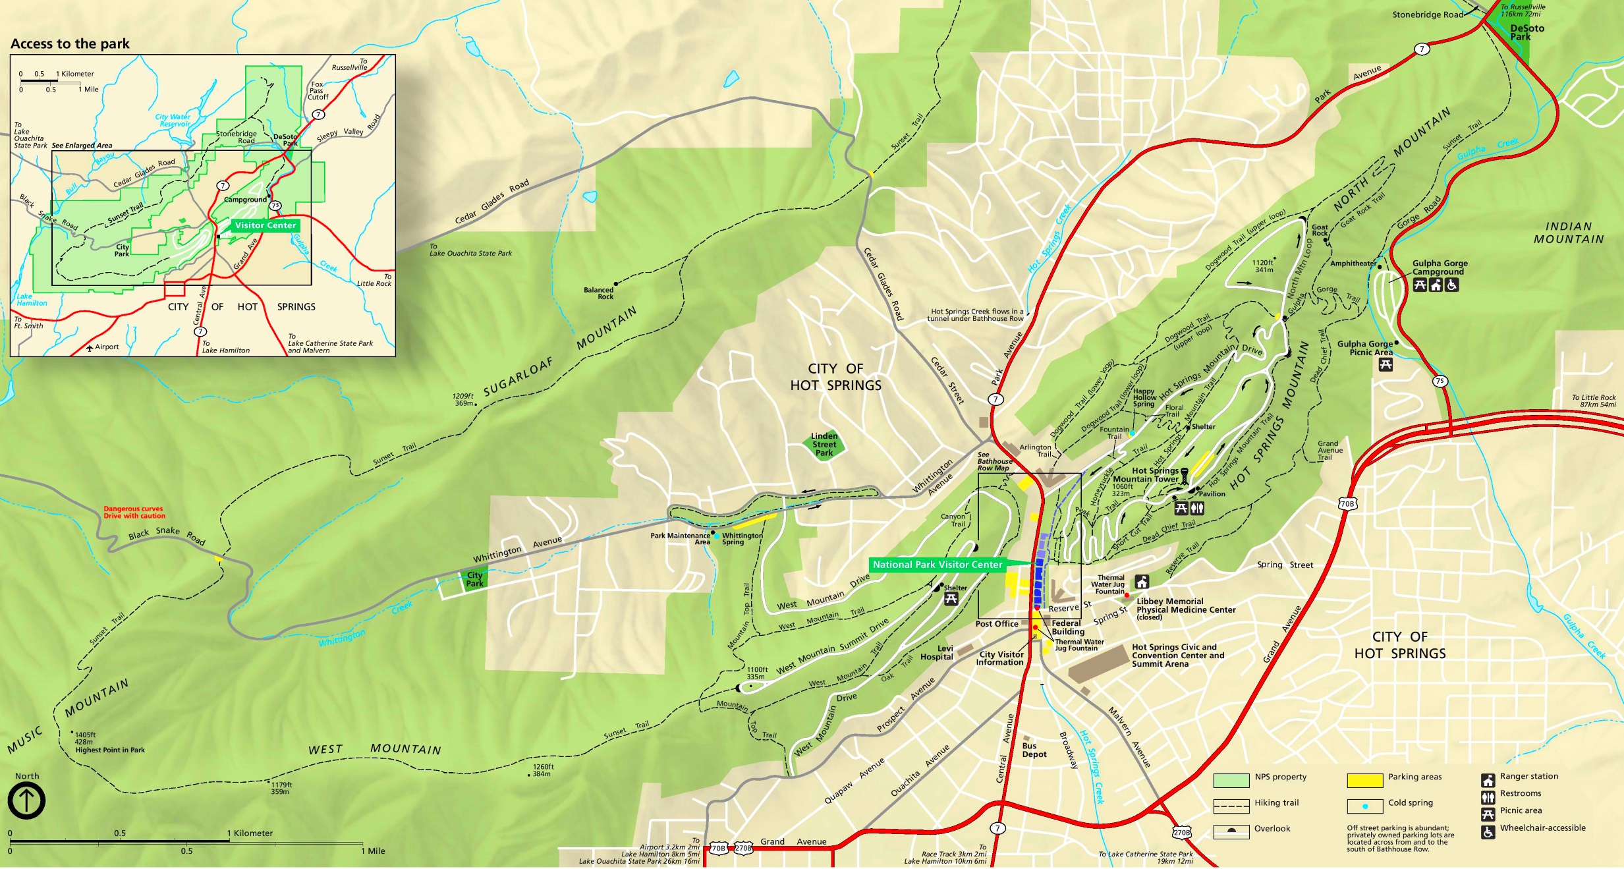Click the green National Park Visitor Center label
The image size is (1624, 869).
pos(937,565)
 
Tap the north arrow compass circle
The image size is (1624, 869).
pos(26,800)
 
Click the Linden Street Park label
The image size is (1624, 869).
pos(824,445)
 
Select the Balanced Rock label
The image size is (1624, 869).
pos(598,293)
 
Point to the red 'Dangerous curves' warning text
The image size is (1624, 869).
pos(134,513)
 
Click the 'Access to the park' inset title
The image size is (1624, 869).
pos(70,44)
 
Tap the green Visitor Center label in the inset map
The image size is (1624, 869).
pos(266,225)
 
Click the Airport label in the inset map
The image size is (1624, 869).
pos(106,347)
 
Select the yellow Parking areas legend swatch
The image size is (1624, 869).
pos(1364,780)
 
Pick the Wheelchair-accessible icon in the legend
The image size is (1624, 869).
pos(1488,832)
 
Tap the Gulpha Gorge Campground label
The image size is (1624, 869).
pos(1440,267)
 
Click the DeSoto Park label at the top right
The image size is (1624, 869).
pos(1527,32)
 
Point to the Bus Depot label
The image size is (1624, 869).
pos(1034,750)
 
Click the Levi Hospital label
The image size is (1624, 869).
pos(937,653)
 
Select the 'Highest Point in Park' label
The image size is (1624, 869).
pos(110,750)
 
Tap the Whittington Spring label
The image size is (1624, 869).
pos(742,539)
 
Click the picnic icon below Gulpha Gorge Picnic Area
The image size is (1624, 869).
pos(1386,364)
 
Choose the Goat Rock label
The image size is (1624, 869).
pos(1320,230)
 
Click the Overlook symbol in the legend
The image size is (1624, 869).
pos(1231,829)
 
